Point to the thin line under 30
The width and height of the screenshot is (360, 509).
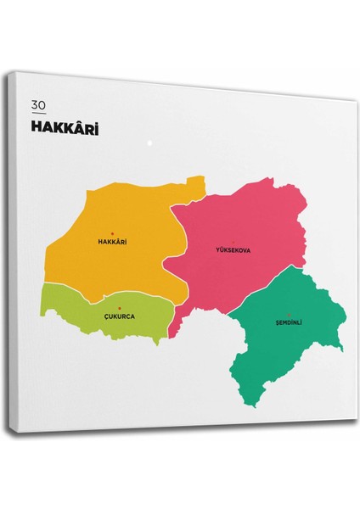(37, 113)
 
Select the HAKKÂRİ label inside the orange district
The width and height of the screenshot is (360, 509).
(113, 242)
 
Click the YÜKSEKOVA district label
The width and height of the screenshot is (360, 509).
(233, 249)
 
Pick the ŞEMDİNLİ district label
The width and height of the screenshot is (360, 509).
(289, 322)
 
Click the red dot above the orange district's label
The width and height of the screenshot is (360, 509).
(113, 232)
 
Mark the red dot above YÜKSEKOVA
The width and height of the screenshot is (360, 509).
(233, 241)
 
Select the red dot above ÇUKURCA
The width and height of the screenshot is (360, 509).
(120, 307)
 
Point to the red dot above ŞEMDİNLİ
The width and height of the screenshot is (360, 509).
(289, 314)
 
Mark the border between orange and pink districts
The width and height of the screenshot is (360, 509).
(181, 246)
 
